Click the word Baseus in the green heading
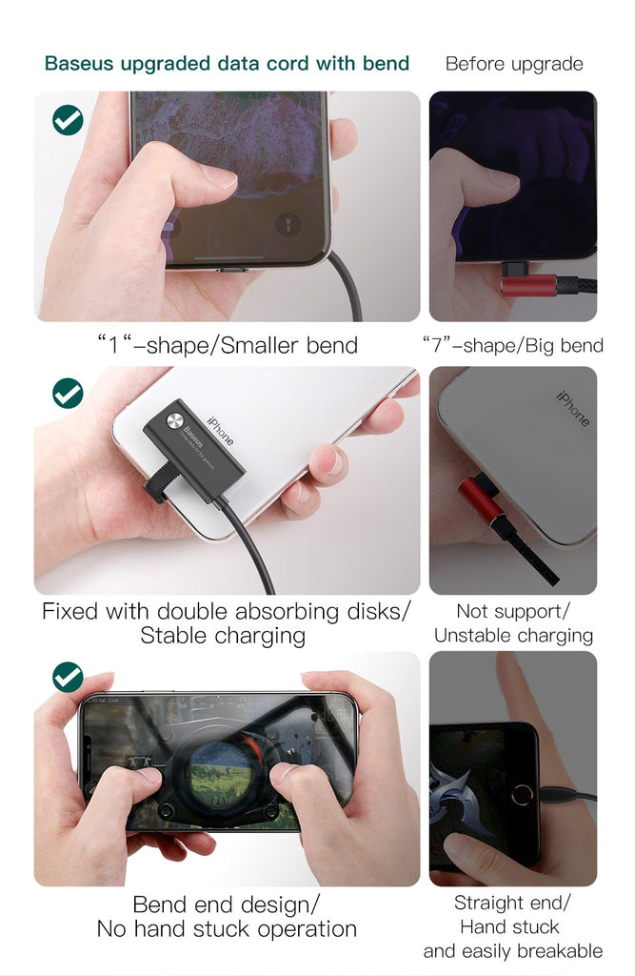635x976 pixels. coord(79,64)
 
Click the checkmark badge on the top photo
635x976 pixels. coord(68,119)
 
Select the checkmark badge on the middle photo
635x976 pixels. coord(68,393)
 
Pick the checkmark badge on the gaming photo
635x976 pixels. coord(68,677)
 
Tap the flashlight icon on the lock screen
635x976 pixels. coord(288,223)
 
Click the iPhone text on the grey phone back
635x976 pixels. coord(573,408)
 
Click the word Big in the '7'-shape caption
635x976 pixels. coord(539,346)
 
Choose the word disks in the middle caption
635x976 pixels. coord(376,612)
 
